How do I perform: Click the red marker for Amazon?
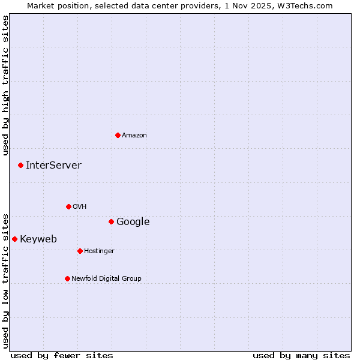[x=118, y=135]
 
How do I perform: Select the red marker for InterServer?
[x=20, y=165]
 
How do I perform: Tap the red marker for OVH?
[x=68, y=206]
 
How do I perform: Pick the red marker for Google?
[x=111, y=221]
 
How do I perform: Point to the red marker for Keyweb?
[x=14, y=239]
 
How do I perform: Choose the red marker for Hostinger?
[x=80, y=251]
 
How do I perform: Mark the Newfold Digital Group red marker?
[x=67, y=278]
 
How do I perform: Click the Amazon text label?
[x=134, y=136]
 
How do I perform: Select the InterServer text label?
[x=53, y=166]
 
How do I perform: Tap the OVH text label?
[x=80, y=207]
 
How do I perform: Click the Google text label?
[x=133, y=222]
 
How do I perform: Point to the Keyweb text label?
[x=38, y=239]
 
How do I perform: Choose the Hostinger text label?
[x=99, y=251]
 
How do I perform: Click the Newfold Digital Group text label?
[x=106, y=279]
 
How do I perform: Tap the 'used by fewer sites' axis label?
[x=62, y=355]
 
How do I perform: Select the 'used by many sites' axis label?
[x=301, y=355]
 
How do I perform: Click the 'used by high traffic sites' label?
[x=6, y=85]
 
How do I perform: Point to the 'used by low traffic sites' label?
[x=6, y=280]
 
